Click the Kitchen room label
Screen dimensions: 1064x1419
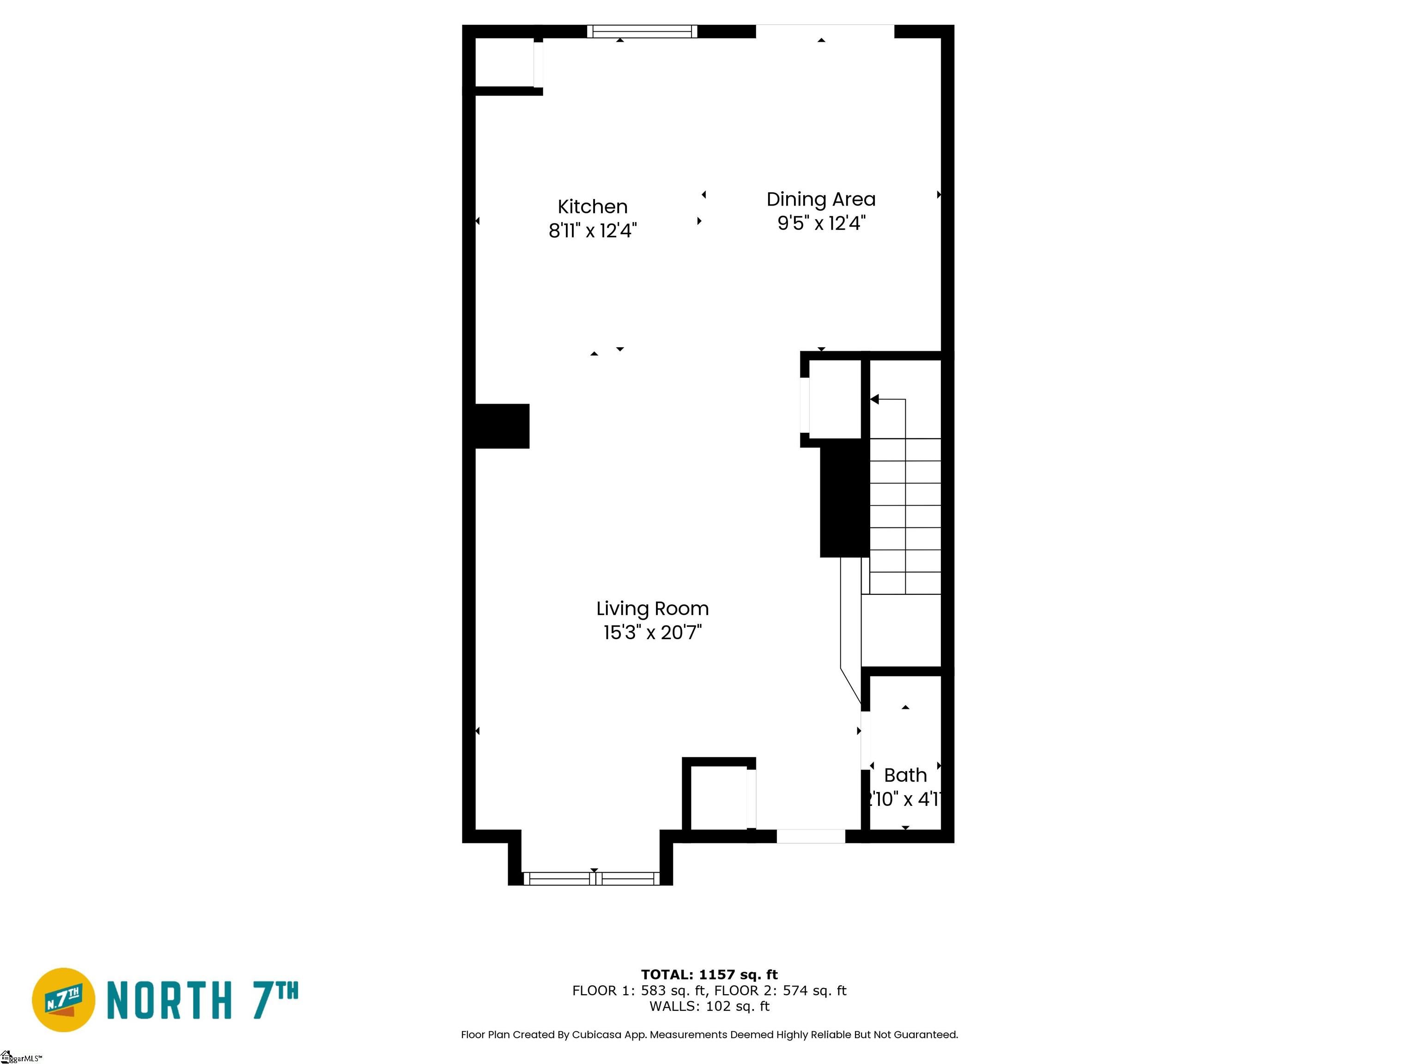coord(592,206)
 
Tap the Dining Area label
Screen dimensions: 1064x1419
coord(820,199)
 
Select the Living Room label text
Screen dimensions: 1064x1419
coord(652,608)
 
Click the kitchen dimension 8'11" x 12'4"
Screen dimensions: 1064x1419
coord(592,230)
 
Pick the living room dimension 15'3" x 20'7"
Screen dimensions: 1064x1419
coord(652,632)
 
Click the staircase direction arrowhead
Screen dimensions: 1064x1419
coord(874,399)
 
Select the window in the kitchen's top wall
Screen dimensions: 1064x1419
coord(642,31)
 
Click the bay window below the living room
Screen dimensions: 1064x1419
coord(591,879)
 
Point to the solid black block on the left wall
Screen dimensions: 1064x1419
coord(502,426)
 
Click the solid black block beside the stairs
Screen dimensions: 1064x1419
coord(844,498)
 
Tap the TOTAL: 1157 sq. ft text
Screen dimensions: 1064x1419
coord(709,975)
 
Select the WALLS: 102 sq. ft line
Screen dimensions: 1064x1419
coord(709,1006)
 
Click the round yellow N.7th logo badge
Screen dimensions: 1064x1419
coord(63,1000)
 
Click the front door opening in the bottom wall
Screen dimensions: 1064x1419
coord(811,836)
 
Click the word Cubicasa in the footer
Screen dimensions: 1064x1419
coord(596,1034)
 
